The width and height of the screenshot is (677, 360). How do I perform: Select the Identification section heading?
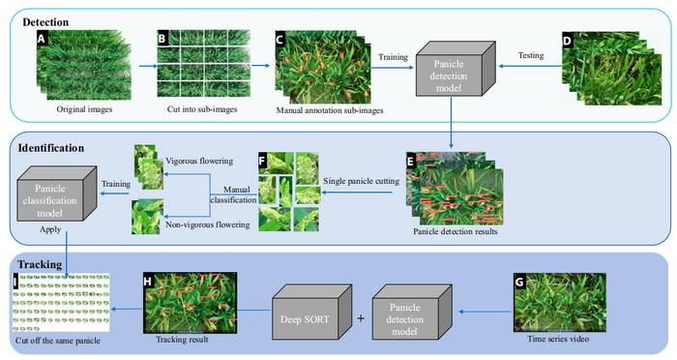tap(50, 150)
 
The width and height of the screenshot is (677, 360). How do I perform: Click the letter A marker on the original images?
tap(42, 41)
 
